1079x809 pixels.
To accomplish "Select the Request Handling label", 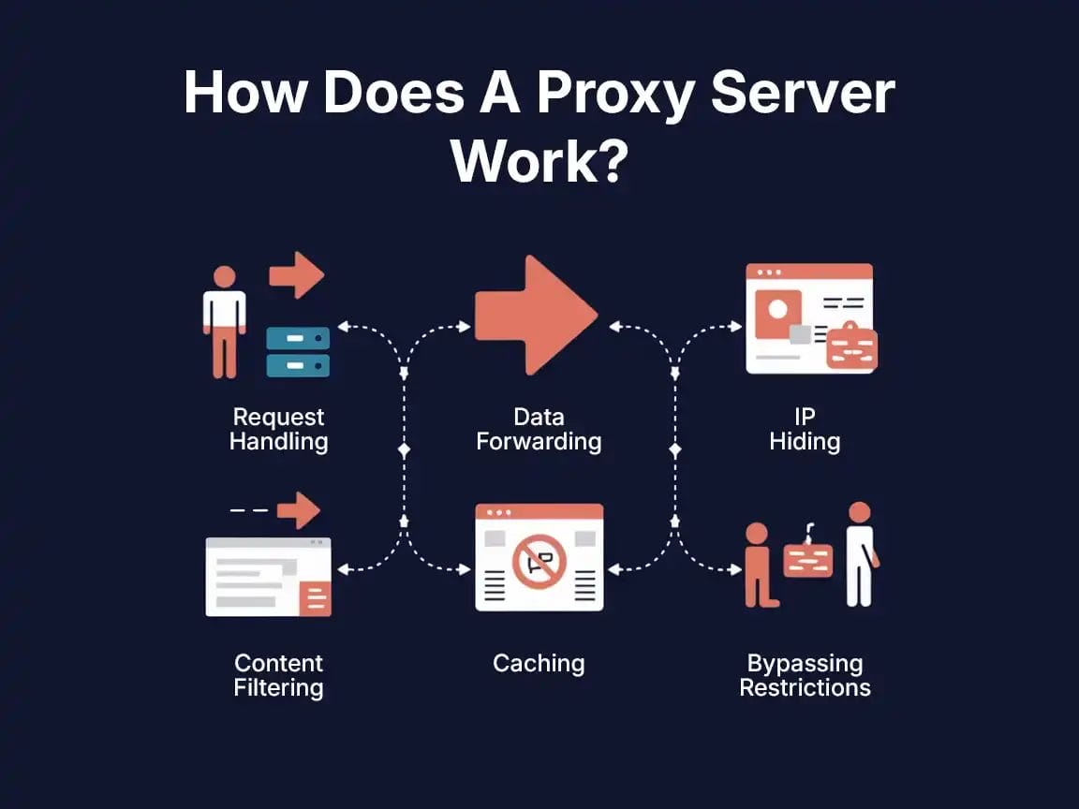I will pyautogui.click(x=278, y=429).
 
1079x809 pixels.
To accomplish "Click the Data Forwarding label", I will pyautogui.click(x=539, y=429).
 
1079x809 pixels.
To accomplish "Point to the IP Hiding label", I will pyautogui.click(x=805, y=429).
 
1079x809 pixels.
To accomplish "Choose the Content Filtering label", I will pyautogui.click(x=278, y=675).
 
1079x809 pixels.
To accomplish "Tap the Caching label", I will pyautogui.click(x=539, y=664).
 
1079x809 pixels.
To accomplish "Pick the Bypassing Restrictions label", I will pyautogui.click(x=805, y=675).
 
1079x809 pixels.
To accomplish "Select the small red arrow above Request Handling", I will pyautogui.click(x=297, y=274).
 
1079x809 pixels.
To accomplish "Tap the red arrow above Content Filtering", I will pyautogui.click(x=299, y=510).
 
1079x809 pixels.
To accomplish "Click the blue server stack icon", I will pyautogui.click(x=298, y=351).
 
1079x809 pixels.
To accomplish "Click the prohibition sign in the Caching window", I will pyautogui.click(x=539, y=562).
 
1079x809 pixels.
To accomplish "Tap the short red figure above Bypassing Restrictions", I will pyautogui.click(x=758, y=565).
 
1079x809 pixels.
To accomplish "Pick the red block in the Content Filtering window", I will pyautogui.click(x=315, y=596).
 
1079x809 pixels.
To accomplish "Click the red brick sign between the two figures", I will pyautogui.click(x=807, y=560).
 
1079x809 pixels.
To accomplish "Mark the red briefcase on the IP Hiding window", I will pyautogui.click(x=851, y=347).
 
